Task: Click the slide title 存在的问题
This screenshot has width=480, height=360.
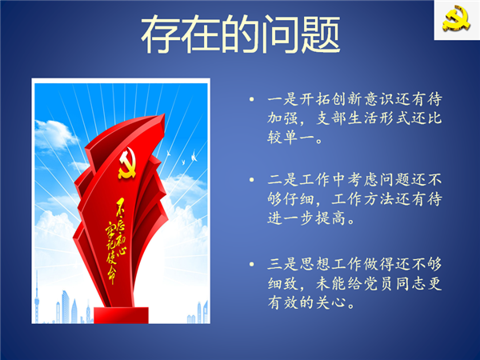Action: click(x=241, y=34)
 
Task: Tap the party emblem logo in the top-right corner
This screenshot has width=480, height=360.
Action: click(x=457, y=18)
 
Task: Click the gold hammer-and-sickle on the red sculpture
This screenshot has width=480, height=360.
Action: click(x=126, y=163)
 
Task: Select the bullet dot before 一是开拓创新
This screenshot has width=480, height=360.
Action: click(x=252, y=99)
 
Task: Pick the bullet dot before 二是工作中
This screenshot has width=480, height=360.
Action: click(x=252, y=180)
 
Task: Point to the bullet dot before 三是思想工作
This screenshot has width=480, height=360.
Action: click(x=252, y=264)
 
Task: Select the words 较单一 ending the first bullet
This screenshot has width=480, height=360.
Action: click(x=291, y=137)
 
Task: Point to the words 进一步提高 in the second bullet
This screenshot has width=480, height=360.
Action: click(x=307, y=218)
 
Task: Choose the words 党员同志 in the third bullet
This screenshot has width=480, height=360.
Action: click(x=394, y=283)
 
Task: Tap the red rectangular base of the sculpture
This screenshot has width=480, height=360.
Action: click(x=122, y=315)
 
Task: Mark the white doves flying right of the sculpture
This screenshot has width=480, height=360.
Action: click(x=182, y=157)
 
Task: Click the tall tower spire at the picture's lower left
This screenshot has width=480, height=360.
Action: click(x=37, y=296)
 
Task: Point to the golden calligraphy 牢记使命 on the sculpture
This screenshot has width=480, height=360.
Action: click(x=111, y=254)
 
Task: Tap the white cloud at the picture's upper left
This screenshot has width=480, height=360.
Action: click(x=55, y=134)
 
